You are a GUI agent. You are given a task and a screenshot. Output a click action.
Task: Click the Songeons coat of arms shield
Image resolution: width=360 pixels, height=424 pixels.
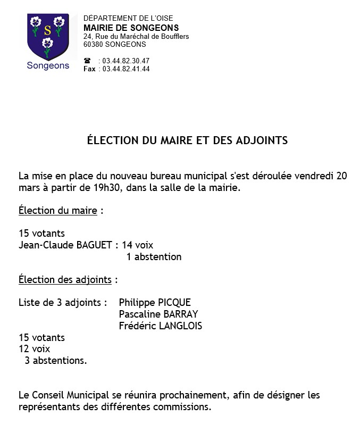point(48,37)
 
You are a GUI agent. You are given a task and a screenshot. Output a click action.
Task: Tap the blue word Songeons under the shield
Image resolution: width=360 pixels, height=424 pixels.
point(48,66)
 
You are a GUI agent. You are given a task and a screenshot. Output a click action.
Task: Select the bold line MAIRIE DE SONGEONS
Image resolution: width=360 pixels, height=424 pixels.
point(131,28)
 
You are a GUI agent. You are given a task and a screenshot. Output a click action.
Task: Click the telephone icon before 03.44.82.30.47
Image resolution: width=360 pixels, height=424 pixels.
point(87,61)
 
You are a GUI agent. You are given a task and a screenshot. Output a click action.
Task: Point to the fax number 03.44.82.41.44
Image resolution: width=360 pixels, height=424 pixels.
point(126,69)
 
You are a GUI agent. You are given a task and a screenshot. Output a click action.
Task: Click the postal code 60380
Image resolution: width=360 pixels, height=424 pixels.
point(94,45)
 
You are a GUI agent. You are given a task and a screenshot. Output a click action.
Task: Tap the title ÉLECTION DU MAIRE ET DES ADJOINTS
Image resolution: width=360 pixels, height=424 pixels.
point(187,141)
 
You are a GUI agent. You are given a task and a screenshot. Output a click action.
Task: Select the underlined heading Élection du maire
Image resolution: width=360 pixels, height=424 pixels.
point(58,211)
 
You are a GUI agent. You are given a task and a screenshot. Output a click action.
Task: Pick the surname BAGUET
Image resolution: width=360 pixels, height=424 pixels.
point(94,245)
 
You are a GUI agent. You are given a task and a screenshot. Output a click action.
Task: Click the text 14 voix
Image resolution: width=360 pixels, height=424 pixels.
point(137,245)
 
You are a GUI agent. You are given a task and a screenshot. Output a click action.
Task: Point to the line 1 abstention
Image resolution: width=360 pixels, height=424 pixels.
point(154,257)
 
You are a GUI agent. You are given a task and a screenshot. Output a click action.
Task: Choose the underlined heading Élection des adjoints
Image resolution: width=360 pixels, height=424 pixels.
point(65,279)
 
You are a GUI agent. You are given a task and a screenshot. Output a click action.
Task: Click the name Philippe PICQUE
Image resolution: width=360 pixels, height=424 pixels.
point(155,303)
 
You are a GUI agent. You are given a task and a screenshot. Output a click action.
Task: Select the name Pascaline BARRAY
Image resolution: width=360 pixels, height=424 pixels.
point(158,314)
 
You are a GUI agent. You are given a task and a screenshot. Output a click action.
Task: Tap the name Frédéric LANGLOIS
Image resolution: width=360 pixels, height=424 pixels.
point(161,326)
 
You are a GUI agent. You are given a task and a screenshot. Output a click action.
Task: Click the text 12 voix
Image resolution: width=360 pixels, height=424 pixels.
point(34,349)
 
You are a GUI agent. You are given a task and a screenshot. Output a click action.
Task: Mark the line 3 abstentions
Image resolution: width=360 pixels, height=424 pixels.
point(55,361)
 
